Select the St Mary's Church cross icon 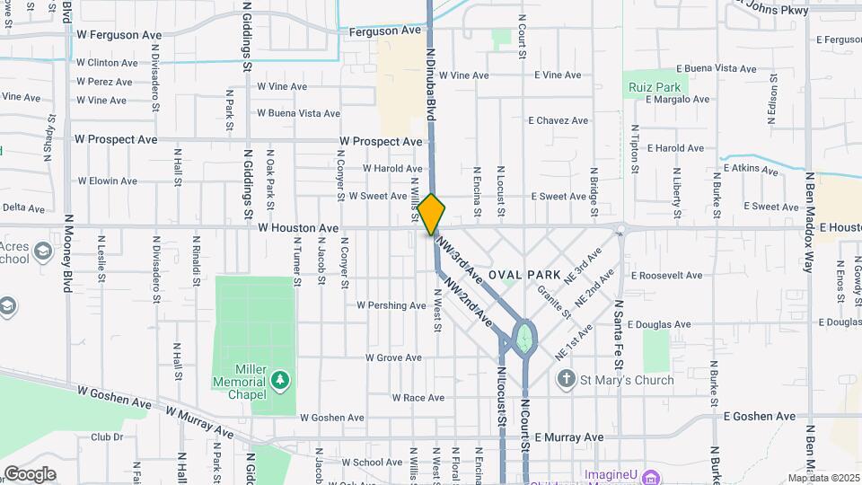click(x=566, y=380)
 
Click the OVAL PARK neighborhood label click(x=525, y=274)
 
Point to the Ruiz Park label click(x=655, y=88)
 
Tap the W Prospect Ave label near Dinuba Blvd click(x=381, y=142)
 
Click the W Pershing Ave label click(x=391, y=305)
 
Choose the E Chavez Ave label click(x=558, y=120)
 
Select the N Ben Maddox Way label click(x=809, y=216)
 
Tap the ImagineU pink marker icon click(x=651, y=474)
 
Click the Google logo click(x=31, y=473)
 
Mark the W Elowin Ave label click(x=107, y=181)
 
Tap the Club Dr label click(x=107, y=437)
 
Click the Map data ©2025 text click(x=823, y=478)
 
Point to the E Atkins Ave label click(x=756, y=167)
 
